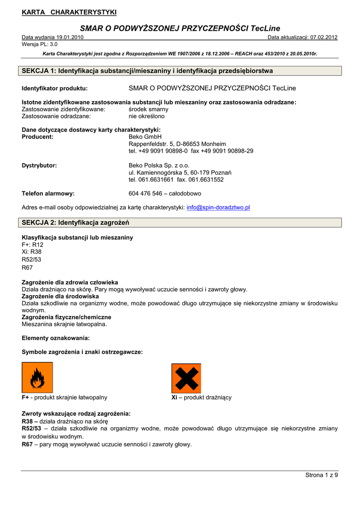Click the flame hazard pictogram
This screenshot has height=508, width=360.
(x=37, y=378)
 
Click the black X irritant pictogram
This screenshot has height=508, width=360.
(x=186, y=378)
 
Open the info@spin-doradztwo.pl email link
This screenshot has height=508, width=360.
(x=218, y=207)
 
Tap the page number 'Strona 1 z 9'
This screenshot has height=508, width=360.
(x=321, y=475)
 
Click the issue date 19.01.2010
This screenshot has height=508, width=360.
(x=70, y=37)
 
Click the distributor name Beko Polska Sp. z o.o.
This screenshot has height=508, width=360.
(x=159, y=165)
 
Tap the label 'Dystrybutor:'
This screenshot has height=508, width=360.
(x=39, y=165)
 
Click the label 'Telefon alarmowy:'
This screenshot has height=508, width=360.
(x=48, y=193)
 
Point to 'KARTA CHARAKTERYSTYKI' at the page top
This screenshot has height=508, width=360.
(x=69, y=12)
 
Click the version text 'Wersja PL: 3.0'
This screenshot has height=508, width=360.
(x=40, y=44)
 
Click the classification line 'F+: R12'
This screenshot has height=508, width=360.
(x=33, y=245)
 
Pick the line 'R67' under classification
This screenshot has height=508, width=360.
(x=27, y=267)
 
